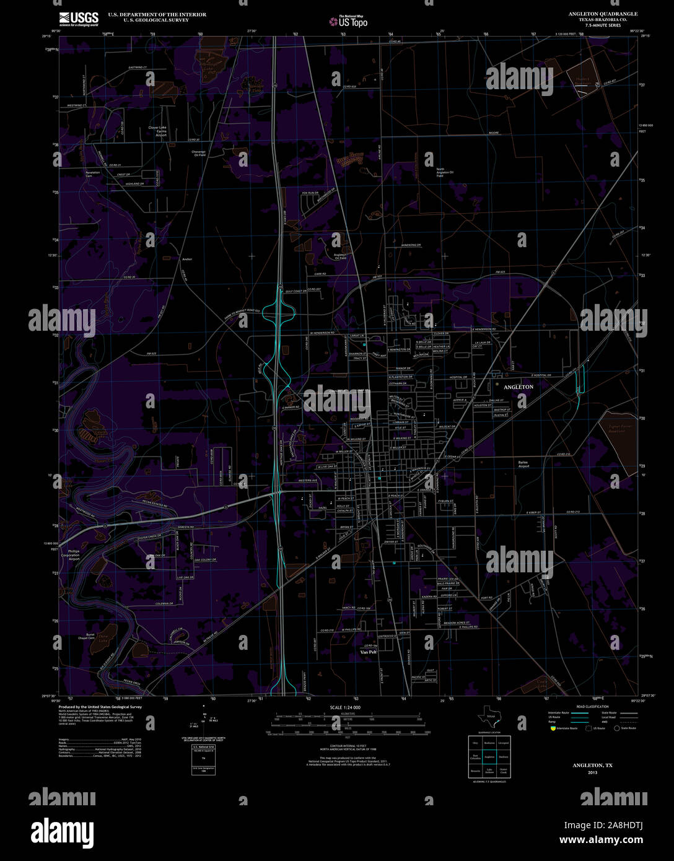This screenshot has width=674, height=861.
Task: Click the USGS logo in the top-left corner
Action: click(x=79, y=19)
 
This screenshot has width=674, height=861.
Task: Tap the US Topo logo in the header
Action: click(x=348, y=22)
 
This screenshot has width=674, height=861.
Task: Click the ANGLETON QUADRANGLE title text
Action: click(x=603, y=14)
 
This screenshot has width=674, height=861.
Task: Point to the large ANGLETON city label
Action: click(x=518, y=387)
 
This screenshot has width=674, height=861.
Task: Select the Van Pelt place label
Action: click(x=368, y=651)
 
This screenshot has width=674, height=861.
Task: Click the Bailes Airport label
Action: click(x=523, y=464)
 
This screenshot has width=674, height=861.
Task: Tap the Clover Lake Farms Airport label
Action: click(x=157, y=131)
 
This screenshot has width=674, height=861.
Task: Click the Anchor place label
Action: click(x=187, y=259)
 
